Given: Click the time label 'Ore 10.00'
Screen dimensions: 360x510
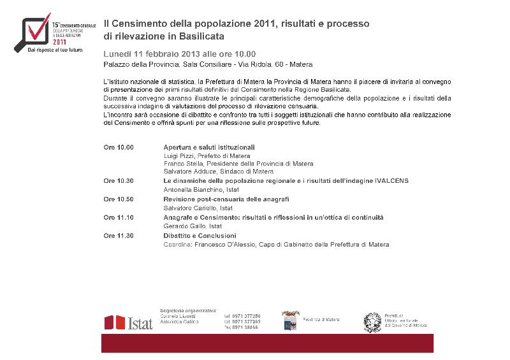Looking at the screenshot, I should (119, 147).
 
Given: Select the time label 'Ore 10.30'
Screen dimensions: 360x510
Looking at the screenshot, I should (119, 180).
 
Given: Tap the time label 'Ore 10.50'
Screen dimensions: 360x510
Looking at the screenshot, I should (119, 199).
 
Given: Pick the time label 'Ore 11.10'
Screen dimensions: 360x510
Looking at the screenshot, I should (119, 217).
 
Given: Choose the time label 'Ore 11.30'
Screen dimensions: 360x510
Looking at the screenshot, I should (119, 236).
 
